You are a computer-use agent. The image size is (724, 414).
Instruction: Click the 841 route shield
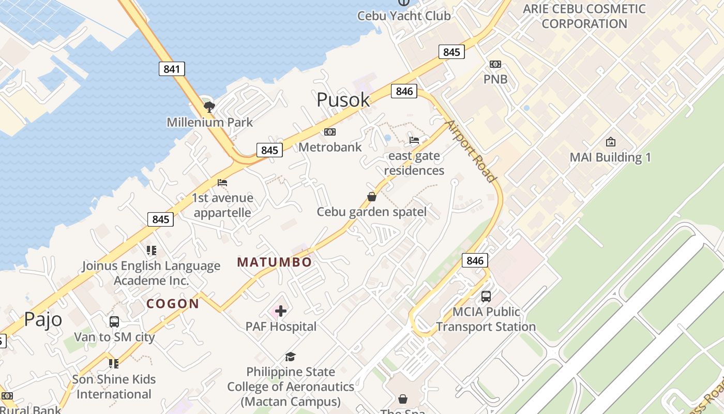172,68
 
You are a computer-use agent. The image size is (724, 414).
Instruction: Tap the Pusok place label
343,100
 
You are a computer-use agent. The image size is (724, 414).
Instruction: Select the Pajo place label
43,319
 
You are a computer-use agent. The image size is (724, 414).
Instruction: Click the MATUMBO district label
275,262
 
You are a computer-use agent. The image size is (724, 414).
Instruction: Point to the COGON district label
173,304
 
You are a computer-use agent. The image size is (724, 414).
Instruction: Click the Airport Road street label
471,151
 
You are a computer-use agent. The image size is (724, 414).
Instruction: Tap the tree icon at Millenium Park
209,107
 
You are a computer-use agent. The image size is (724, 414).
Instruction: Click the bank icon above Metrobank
330,132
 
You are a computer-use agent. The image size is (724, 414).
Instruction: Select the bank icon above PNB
495,64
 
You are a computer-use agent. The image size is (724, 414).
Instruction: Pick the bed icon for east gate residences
414,140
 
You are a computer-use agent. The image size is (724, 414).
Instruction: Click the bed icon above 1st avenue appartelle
222,183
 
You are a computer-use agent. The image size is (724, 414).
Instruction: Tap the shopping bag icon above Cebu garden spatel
371,197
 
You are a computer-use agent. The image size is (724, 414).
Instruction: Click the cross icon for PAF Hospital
281,311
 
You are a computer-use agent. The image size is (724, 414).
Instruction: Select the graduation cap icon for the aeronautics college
290,357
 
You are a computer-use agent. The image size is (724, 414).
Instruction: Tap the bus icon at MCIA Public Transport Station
486,297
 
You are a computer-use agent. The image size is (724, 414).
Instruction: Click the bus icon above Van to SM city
114,322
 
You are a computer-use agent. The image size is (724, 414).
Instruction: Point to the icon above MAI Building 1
611,142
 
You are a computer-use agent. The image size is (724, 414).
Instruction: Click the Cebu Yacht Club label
404,16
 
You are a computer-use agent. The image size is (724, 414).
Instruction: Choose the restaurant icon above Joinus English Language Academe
151,250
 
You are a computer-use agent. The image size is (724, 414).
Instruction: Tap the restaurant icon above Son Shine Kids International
114,363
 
